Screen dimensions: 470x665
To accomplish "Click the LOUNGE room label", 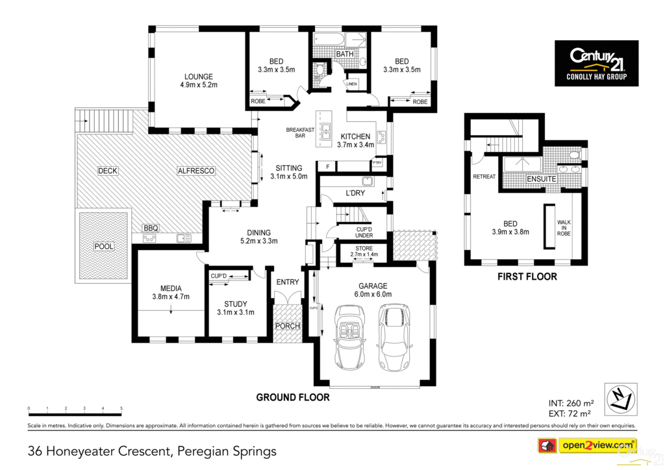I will point(198,77).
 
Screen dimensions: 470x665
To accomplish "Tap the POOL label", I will point(103,247).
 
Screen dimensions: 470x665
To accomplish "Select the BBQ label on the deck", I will point(151,229).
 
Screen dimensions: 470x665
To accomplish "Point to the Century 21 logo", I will point(596,63).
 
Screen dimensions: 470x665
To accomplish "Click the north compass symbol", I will point(621,399).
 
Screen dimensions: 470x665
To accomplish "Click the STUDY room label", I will point(235,304).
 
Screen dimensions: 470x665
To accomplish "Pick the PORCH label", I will point(288,326).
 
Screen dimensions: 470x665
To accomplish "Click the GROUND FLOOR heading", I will point(292,397).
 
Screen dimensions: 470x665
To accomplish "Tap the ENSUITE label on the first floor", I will point(541,179).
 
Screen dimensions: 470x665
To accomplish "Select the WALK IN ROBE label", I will point(564,227).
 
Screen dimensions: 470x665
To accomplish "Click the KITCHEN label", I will point(355,136).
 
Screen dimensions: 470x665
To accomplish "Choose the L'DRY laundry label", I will point(355,194).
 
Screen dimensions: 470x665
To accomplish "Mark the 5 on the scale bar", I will point(121,408).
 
